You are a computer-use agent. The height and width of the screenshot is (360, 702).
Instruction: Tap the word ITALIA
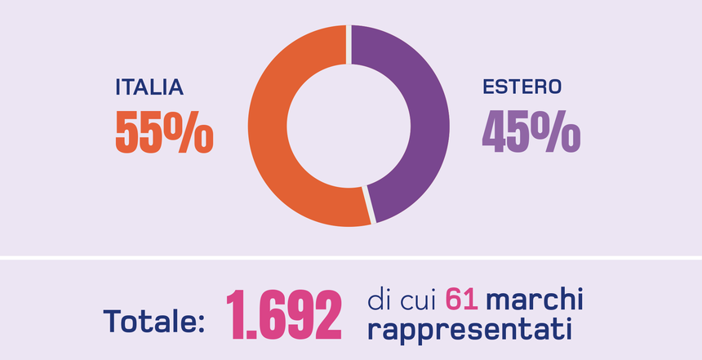[x=149, y=87]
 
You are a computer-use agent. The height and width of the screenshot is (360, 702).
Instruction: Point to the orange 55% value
[x=163, y=131]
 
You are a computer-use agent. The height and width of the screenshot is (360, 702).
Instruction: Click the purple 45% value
[x=531, y=131]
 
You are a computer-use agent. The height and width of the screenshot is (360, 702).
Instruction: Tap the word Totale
[x=147, y=321]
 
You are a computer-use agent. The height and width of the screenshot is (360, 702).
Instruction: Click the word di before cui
[x=379, y=300]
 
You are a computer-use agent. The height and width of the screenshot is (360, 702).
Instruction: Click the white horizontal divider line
[x=351, y=258]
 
